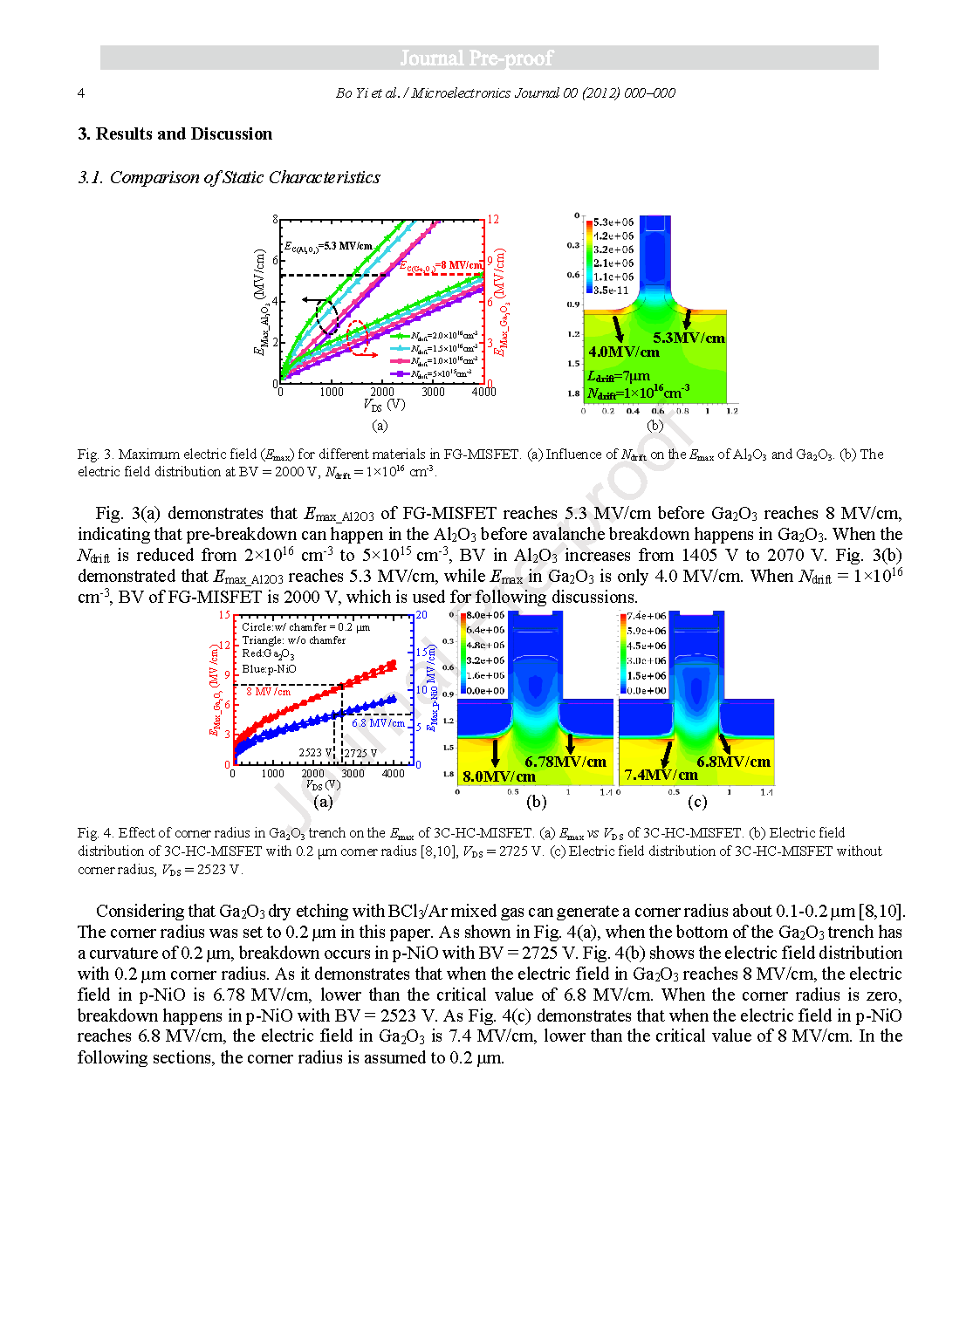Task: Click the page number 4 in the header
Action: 81,93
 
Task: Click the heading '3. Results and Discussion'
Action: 175,133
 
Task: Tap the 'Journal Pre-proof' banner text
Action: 476,58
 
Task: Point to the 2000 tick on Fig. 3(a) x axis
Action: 382,393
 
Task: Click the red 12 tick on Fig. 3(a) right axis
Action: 493,220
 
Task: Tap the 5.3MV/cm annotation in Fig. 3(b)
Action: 689,338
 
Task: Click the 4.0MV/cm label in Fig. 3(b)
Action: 623,352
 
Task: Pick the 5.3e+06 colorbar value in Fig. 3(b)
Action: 613,222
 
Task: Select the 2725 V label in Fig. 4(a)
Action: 360,753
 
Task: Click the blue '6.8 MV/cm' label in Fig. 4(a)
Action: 379,723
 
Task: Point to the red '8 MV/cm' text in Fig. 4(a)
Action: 268,691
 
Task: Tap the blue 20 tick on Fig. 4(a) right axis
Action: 421,615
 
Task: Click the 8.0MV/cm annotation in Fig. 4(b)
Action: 498,776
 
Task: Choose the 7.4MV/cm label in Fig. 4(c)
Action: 661,775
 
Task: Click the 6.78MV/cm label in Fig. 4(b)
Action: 565,762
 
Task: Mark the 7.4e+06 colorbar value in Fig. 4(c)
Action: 647,616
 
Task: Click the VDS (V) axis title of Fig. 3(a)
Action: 384,405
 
